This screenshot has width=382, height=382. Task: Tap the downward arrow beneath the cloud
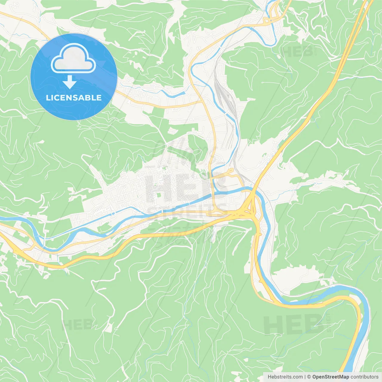[x=70, y=82]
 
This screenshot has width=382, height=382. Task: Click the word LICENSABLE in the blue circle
[x=74, y=98]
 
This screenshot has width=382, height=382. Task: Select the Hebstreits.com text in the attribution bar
[x=285, y=377]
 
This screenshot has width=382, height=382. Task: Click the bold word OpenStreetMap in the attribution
[x=331, y=377]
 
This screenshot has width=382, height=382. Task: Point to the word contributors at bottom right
[x=364, y=377]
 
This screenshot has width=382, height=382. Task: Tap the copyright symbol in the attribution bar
[x=309, y=377]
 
